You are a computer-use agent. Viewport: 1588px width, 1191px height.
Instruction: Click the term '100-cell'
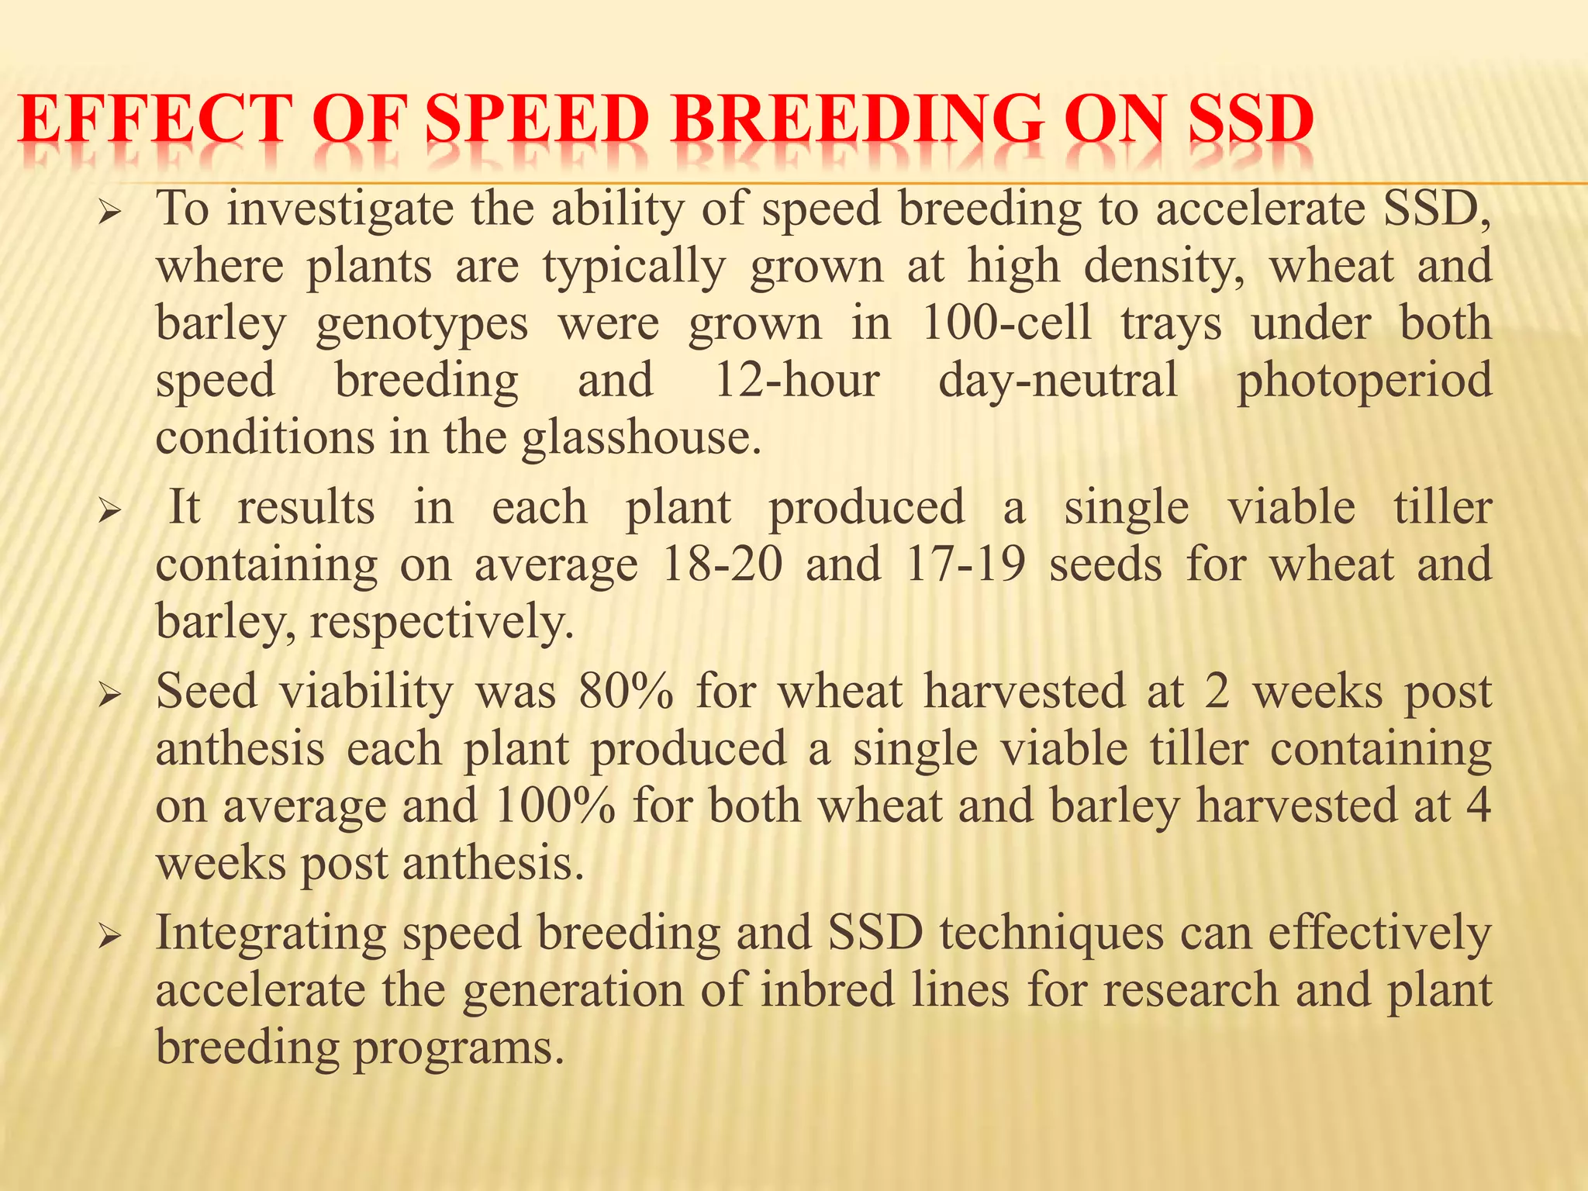point(1006,323)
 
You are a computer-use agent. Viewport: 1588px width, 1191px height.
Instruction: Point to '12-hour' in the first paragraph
point(796,381)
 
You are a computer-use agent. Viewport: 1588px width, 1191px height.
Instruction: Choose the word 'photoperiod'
point(1363,382)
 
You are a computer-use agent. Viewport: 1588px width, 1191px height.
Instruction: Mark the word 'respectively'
point(441,622)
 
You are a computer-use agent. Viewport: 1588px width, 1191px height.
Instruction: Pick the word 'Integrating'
point(271,934)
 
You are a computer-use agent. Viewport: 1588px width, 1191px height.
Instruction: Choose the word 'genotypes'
point(421,325)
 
